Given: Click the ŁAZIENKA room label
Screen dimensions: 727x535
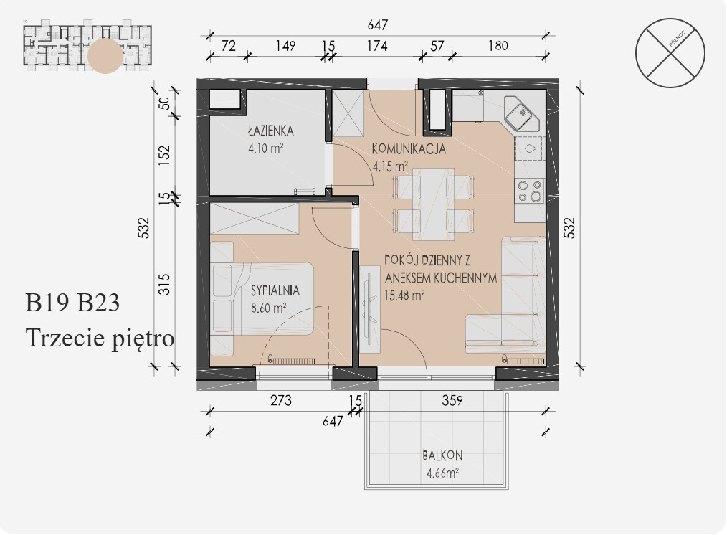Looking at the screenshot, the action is [x=271, y=131].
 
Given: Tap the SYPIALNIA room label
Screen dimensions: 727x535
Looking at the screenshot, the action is [x=275, y=290].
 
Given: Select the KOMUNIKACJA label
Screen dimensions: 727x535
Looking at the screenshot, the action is [x=409, y=149].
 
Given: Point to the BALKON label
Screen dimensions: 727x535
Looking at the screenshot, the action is [x=442, y=455].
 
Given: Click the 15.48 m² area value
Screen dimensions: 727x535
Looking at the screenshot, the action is [x=405, y=295].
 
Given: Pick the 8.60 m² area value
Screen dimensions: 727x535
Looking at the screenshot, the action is [x=268, y=308].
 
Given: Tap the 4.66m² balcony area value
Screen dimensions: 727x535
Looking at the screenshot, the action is [x=442, y=473].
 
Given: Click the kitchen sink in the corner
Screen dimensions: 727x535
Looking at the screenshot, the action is [x=521, y=113].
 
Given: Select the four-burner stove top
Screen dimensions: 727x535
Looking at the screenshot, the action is [x=530, y=191].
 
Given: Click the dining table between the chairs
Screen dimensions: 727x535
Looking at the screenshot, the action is [x=434, y=204].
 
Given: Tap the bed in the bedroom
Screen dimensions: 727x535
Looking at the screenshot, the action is [x=262, y=298].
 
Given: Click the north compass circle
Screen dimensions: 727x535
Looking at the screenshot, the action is [x=670, y=53].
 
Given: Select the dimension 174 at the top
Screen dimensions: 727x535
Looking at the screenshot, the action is [x=377, y=46].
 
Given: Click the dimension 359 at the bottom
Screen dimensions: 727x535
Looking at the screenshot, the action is [x=452, y=400].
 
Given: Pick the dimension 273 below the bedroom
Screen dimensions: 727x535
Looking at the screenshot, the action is [x=281, y=400].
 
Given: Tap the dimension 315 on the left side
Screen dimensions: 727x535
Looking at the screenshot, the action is [x=165, y=285].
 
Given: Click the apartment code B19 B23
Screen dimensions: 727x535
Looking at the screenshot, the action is [x=72, y=302].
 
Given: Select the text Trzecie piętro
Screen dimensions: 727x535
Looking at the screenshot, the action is [x=100, y=338].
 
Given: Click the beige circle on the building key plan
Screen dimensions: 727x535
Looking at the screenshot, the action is [x=105, y=56].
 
